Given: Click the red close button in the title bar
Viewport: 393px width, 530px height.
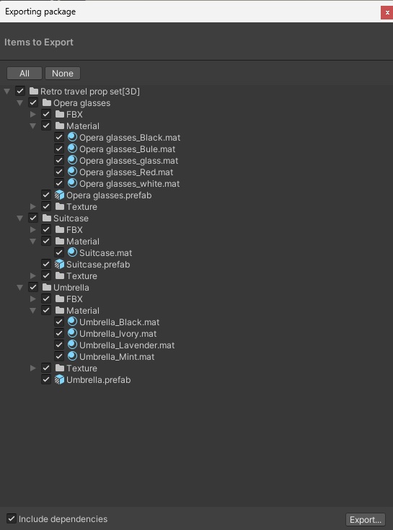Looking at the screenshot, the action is coord(387,12).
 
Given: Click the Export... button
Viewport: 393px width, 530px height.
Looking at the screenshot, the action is coord(366,519).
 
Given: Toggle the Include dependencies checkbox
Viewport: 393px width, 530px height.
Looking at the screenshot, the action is coord(12,518).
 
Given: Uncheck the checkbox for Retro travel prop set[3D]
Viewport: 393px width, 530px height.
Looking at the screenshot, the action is coord(20,91).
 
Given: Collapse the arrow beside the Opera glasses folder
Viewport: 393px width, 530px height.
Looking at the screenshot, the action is coord(20,102).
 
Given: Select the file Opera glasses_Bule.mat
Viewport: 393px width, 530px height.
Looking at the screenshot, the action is coord(127,149).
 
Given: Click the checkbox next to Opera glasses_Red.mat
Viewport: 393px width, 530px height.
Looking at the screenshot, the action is coord(59,172).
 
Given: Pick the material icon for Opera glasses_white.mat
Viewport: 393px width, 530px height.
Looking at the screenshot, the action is coord(72,183).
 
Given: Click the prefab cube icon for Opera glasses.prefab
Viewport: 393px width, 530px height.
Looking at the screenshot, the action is coord(59,195).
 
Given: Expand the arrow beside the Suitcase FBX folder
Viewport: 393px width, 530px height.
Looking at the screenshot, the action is coord(32,230).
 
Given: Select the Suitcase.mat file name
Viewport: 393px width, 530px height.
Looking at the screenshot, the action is coord(105,253).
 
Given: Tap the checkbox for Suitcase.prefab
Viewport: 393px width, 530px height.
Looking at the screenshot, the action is coord(46,264).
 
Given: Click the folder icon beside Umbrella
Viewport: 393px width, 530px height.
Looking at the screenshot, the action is coord(47,287).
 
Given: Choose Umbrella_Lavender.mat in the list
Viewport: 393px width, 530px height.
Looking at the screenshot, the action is coord(127,345).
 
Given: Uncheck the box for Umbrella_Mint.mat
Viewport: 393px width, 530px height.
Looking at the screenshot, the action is coord(59,356).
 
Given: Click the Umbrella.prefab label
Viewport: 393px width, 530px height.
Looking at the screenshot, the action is coord(98,380).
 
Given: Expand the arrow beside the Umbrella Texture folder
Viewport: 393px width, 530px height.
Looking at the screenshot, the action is coord(32,368).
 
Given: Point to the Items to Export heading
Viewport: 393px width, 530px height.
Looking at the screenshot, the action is coord(38,43).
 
